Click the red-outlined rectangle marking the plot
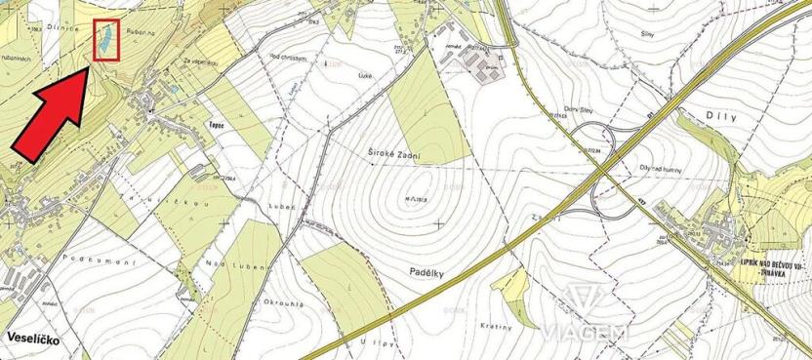point(105,40)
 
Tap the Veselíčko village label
point(34,337)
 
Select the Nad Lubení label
point(230,264)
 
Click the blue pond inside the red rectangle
point(101,41)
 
